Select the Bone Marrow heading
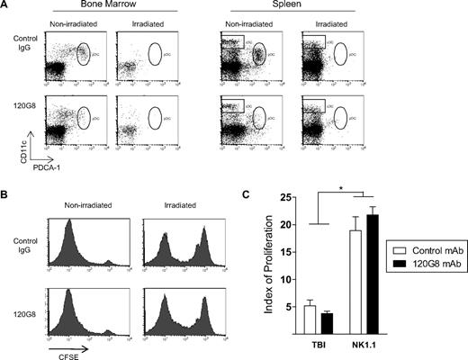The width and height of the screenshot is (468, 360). pos(96,5)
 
